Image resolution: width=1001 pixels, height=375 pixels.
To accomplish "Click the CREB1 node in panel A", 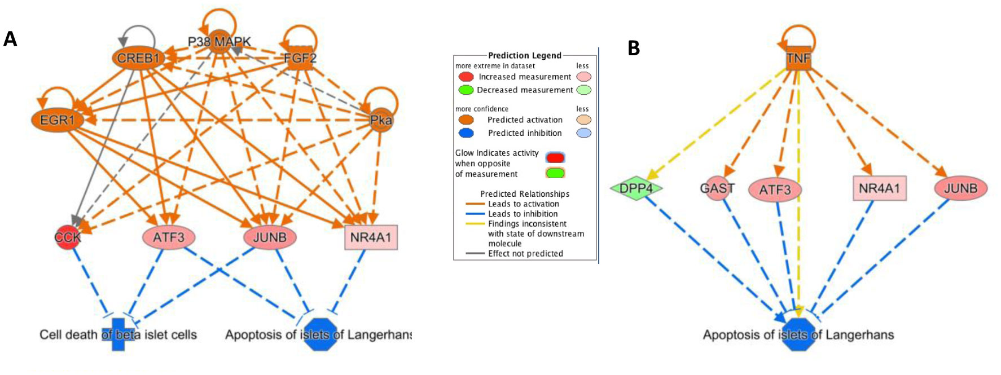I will coord(138,58).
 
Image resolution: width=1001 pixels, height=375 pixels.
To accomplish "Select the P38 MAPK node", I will coord(220,42).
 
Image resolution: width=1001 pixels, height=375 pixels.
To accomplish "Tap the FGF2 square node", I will coord(300,58).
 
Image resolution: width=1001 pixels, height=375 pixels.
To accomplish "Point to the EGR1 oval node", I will coord(58,120).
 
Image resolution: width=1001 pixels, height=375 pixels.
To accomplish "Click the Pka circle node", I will coord(381,120).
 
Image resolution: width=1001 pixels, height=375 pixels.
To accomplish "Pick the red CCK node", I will coord(68,237).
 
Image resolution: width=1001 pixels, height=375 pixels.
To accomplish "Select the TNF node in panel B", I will coord(798,58).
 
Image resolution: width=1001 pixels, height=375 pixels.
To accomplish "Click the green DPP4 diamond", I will coord(636,188).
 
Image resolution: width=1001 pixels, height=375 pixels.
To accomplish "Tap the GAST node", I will coord(717,188).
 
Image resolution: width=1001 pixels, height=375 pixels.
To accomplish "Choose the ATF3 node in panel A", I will coord(169,237).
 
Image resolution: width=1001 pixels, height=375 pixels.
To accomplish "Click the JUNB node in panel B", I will coord(960,188).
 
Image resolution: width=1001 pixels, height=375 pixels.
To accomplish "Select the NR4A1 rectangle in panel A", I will coord(371,237).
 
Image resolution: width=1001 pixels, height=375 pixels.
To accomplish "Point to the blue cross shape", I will coord(118,334).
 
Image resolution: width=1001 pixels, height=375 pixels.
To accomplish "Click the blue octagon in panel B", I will coord(798,335).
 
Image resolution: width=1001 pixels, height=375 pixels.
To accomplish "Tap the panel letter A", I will coord(10,39).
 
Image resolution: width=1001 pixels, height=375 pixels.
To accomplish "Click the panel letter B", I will coord(634,48).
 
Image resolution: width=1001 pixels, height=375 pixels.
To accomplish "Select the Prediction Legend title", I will coord(524,55).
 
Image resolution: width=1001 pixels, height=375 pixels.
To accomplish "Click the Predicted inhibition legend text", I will coord(525,133).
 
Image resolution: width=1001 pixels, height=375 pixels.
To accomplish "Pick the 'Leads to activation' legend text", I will coord(523,204).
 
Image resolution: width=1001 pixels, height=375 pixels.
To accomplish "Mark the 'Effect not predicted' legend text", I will coord(525,254).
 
